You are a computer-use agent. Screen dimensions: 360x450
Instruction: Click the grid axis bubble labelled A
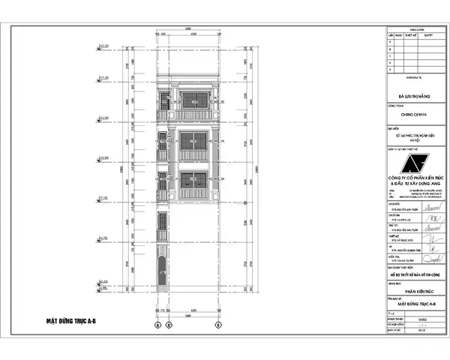coord(158,325)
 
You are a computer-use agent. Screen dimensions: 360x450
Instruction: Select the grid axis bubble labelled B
coord(218,325)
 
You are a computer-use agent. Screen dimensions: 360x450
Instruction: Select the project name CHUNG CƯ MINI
coord(413,115)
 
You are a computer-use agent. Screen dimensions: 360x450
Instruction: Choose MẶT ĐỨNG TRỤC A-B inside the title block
coord(414,305)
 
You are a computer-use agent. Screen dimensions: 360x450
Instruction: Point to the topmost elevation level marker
coord(100,49)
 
